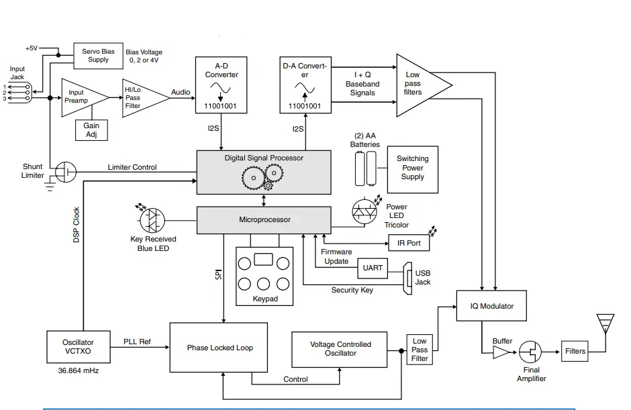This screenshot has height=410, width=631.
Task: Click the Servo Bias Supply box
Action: pos(98,55)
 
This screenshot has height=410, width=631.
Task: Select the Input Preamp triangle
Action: pos(81,97)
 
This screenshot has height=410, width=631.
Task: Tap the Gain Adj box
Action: pos(91,130)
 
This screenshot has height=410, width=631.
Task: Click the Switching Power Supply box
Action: pos(412,168)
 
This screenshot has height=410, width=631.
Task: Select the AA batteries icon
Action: pos(366,168)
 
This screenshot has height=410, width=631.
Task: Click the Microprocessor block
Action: pos(263,219)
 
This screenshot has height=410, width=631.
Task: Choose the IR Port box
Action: pos(409,243)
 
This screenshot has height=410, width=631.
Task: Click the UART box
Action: pos(373,268)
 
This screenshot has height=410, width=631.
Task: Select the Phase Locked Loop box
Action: pos(220,348)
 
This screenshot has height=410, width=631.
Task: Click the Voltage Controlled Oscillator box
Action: pos(340,349)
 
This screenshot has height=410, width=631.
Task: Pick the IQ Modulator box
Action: pos(492,306)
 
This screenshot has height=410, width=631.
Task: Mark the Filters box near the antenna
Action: pos(575,351)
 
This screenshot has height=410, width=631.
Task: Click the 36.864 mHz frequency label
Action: pos(74,370)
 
